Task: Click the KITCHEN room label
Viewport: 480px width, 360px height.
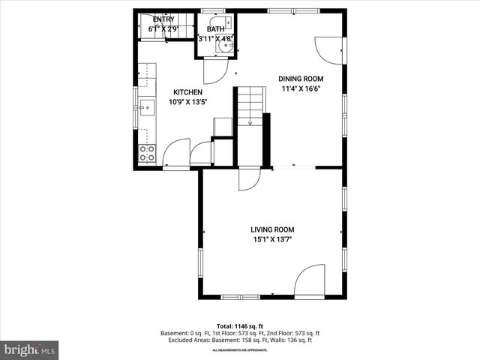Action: click(x=188, y=91)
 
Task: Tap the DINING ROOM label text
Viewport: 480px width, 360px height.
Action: click(x=301, y=79)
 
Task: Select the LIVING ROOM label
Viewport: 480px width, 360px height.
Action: click(x=272, y=229)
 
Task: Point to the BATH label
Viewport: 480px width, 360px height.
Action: click(x=215, y=29)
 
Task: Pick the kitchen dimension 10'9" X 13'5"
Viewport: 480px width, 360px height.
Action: click(x=188, y=101)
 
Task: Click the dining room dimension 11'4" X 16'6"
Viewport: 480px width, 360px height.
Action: click(x=301, y=88)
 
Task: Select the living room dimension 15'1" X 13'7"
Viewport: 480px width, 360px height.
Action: click(x=272, y=239)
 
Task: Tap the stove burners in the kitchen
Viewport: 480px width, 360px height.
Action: click(x=147, y=154)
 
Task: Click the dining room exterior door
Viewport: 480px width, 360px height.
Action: click(x=331, y=50)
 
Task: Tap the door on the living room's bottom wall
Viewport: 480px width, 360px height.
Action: click(x=308, y=281)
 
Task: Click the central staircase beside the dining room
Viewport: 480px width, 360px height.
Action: click(x=252, y=105)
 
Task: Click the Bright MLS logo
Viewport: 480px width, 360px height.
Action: click(x=30, y=349)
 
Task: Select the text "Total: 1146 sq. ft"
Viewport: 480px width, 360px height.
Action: click(x=240, y=326)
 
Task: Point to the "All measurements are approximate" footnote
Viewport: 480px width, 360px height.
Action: click(x=240, y=350)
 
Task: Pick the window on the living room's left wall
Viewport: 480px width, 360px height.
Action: click(x=200, y=262)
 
